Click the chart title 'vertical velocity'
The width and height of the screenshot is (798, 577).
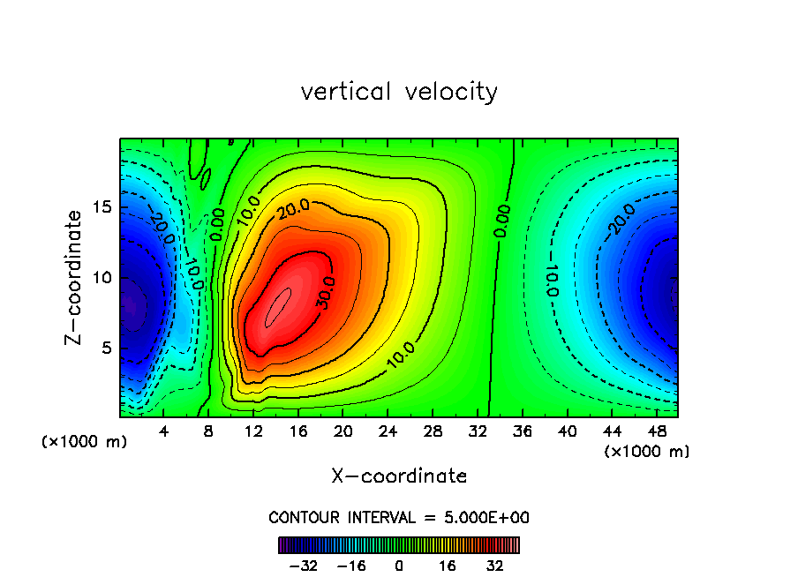399,92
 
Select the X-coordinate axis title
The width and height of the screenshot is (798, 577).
399,476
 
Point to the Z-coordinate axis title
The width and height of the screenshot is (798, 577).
78,277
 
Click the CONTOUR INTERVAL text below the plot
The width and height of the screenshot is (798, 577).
399,517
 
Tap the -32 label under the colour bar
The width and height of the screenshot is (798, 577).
302,566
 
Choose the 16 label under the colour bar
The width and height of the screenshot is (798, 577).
448,566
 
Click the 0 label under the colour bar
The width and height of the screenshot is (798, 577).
399,566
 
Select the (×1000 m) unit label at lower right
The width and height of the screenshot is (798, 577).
646,452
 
